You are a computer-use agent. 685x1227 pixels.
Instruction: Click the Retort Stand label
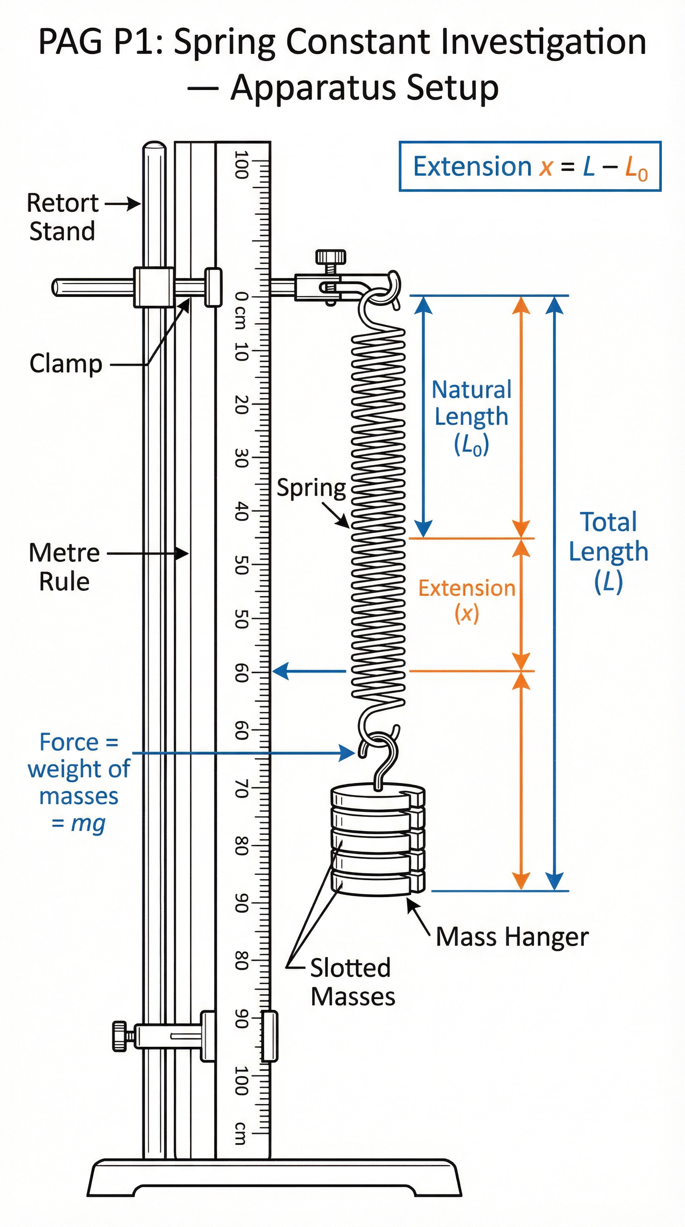point(62,217)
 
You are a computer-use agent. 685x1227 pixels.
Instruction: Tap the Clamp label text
point(66,364)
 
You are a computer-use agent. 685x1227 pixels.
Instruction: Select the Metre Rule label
point(64,567)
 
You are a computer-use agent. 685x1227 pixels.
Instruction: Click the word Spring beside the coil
point(312,488)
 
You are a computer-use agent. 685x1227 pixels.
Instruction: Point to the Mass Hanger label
point(512,936)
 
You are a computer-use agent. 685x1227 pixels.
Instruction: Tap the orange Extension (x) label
point(467,600)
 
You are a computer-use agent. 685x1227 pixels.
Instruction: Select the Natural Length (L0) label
point(471,417)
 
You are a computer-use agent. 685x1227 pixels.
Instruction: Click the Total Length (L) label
point(608,552)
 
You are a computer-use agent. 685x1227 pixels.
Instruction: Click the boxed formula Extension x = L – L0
point(530,167)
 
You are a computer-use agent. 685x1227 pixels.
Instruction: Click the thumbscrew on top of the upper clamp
point(330,257)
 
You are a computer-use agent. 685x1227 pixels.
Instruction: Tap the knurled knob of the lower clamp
point(119,1036)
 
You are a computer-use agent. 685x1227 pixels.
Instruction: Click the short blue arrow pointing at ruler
point(309,671)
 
